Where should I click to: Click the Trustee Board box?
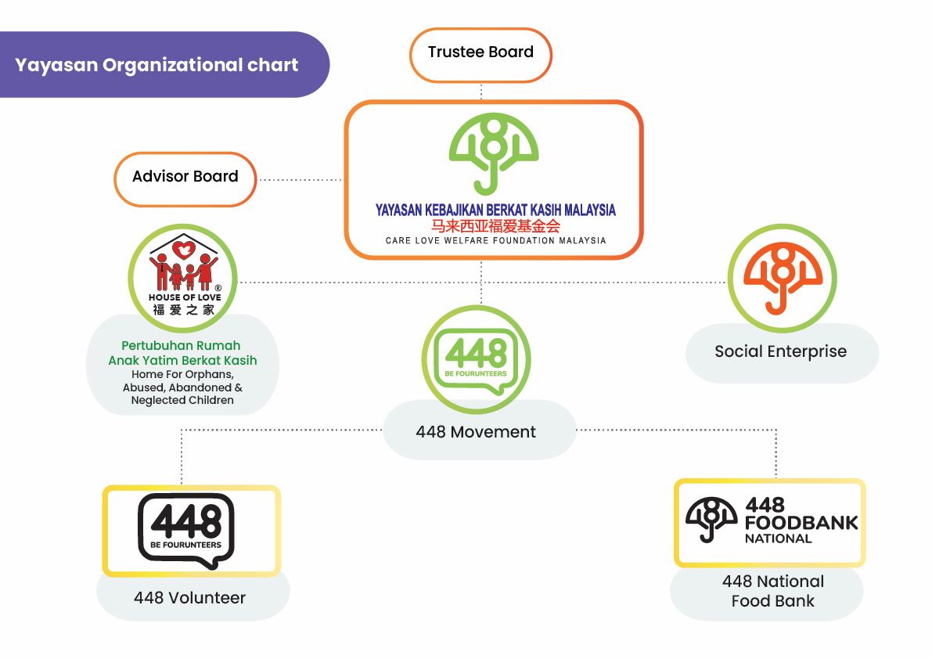pyautogui.click(x=480, y=53)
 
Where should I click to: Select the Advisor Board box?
pyautogui.click(x=185, y=177)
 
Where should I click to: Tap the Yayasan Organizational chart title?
pyautogui.click(x=157, y=65)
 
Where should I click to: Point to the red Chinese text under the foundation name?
pyautogui.click(x=495, y=225)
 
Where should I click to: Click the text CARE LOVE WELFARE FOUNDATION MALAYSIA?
pyautogui.click(x=495, y=241)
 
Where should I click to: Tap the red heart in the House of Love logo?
pyautogui.click(x=183, y=250)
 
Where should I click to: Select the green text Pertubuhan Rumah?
pyautogui.click(x=181, y=346)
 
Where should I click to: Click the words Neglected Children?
pyautogui.click(x=182, y=400)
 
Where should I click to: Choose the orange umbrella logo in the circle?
pyautogui.click(x=782, y=278)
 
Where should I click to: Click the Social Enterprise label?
pyautogui.click(x=780, y=351)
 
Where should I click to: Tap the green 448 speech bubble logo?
pyautogui.click(x=476, y=358)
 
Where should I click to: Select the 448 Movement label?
pyautogui.click(x=476, y=432)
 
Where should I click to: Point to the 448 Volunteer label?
pyautogui.click(x=189, y=598)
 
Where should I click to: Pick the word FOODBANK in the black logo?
pyautogui.click(x=801, y=523)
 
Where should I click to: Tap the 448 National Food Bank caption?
pyautogui.click(x=772, y=592)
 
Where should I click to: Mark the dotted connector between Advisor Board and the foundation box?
pyautogui.click(x=300, y=179)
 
